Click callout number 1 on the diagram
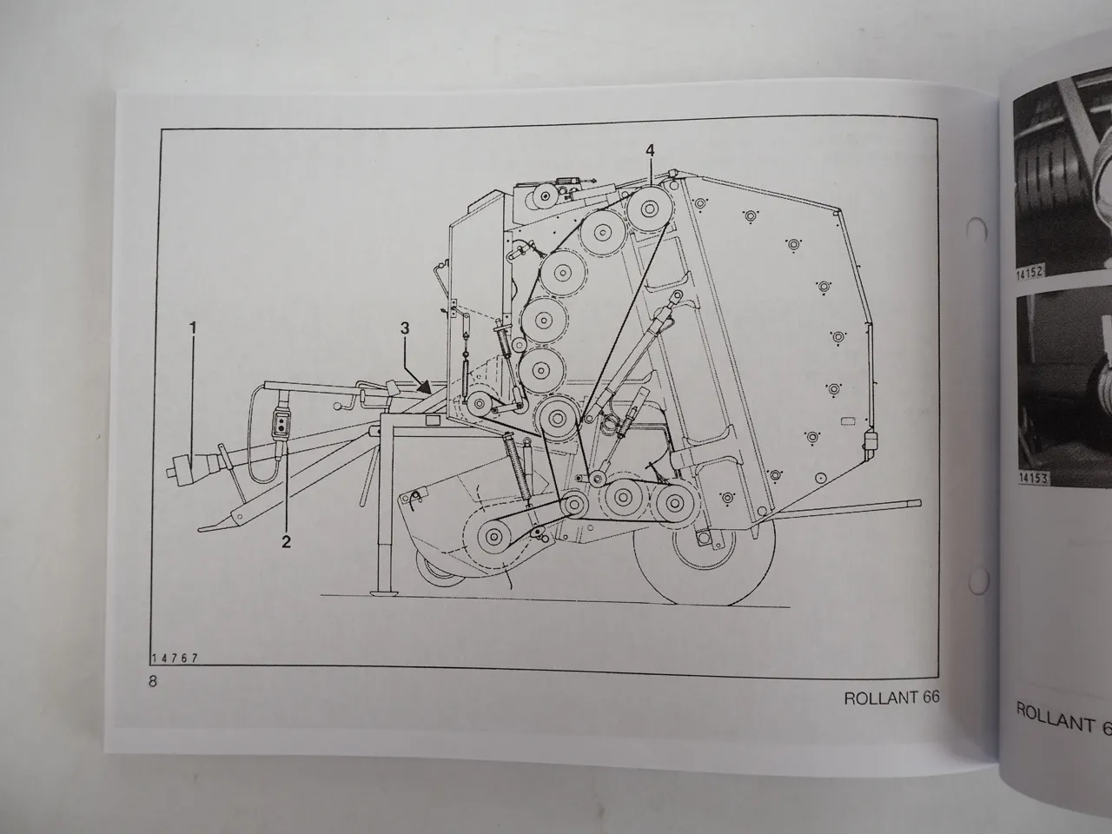click(x=193, y=328)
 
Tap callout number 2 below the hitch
click(x=285, y=541)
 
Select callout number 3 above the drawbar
click(x=404, y=328)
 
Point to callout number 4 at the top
click(x=649, y=150)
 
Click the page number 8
click(x=153, y=681)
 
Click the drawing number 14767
click(x=175, y=659)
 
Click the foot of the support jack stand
click(x=382, y=594)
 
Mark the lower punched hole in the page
click(x=976, y=578)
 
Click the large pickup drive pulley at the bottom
click(x=492, y=535)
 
